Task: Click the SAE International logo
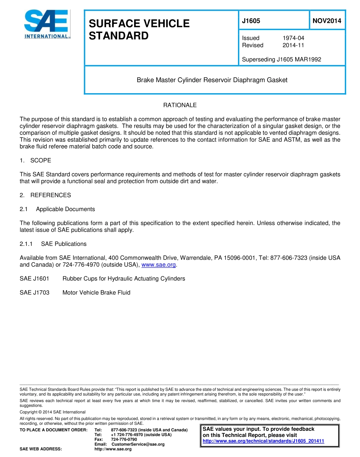(x=47, y=24)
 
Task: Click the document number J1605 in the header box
(x=251, y=21)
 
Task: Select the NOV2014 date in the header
(x=327, y=21)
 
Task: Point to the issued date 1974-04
(x=293, y=38)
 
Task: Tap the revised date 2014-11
(x=293, y=45)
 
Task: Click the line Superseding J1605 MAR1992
(x=282, y=59)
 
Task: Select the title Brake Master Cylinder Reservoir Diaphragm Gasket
(x=212, y=80)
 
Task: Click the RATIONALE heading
(x=180, y=105)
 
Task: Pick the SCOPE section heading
(x=41, y=160)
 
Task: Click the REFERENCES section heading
(x=50, y=195)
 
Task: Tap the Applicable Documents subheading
(x=65, y=209)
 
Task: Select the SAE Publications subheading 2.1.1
(x=64, y=244)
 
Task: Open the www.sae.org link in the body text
(x=158, y=265)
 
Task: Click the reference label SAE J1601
(x=34, y=279)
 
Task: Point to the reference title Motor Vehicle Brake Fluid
(x=96, y=293)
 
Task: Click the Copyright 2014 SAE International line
(x=52, y=412)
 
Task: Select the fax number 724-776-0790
(x=124, y=439)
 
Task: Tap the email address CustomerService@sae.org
(x=138, y=444)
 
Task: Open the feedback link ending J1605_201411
(x=263, y=441)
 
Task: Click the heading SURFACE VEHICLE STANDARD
(x=139, y=30)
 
